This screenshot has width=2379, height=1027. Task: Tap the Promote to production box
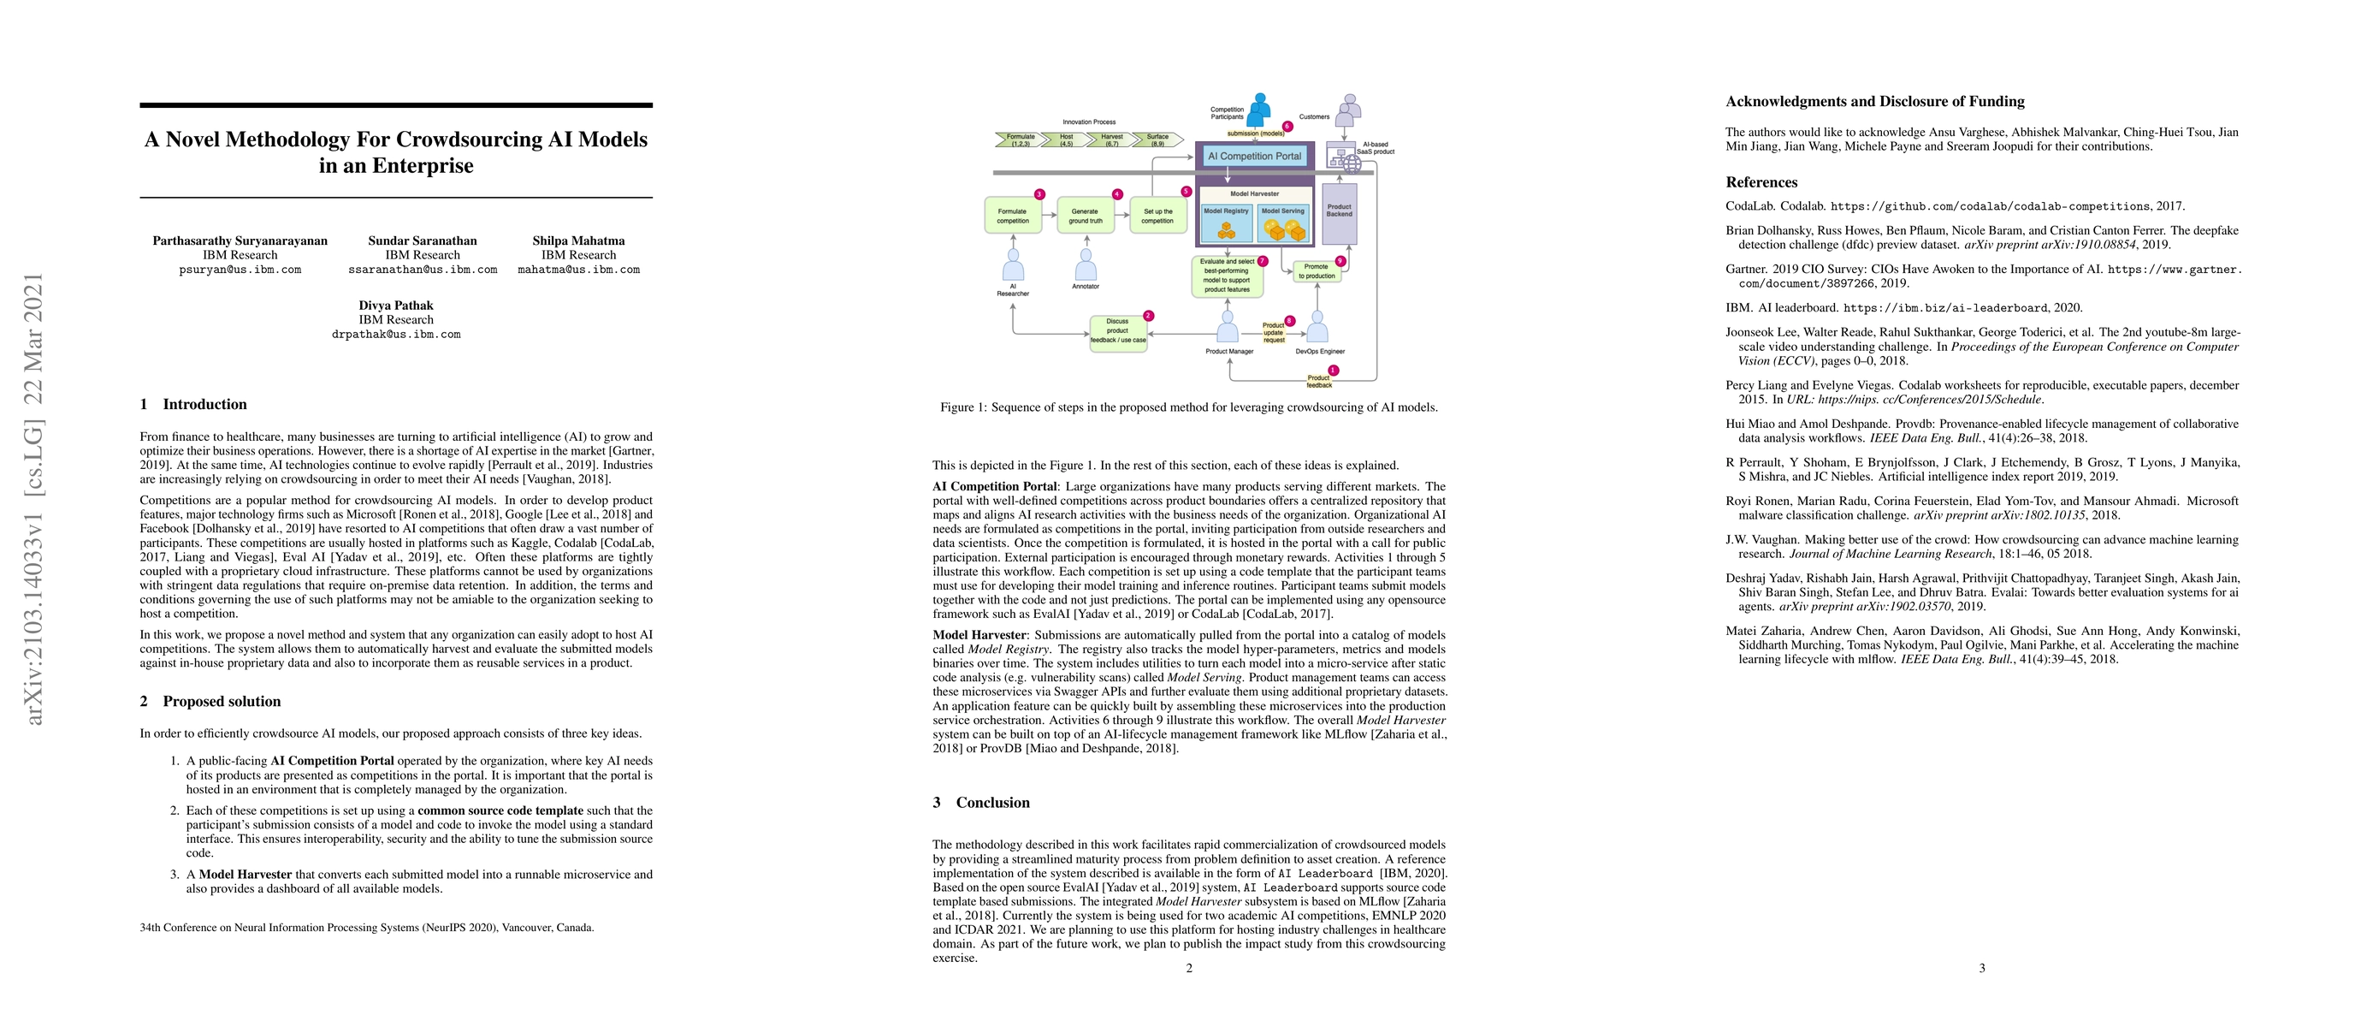[x=1316, y=270]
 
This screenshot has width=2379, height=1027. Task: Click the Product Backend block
[x=1339, y=211]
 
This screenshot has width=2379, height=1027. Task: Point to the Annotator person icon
[x=1086, y=266]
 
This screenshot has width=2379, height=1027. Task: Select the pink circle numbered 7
[x=1263, y=261]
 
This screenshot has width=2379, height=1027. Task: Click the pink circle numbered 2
[x=1148, y=316]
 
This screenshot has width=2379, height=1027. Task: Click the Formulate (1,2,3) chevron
[x=1020, y=140]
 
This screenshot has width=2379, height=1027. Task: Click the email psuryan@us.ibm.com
[x=240, y=270]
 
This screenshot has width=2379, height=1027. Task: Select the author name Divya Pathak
[x=396, y=306]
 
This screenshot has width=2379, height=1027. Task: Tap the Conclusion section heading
[x=991, y=803]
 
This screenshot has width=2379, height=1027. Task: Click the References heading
[x=1761, y=182]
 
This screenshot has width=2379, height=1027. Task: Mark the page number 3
[x=1982, y=968]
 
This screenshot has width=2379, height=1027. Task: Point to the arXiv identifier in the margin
[x=34, y=499]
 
